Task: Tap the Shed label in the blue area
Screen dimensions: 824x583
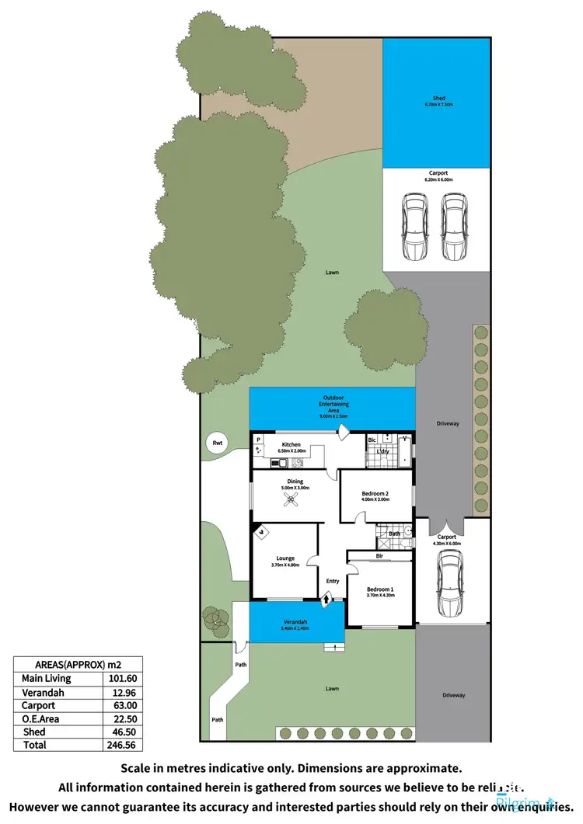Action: [x=439, y=99]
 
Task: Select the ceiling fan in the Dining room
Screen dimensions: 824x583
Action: [x=294, y=502]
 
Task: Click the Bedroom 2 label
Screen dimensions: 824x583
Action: [x=375, y=494]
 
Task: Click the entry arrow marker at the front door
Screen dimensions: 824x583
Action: [x=326, y=597]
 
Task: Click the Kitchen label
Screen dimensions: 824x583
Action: [x=291, y=445]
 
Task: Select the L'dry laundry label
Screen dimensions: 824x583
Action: [x=383, y=451]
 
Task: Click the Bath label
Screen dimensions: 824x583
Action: [x=395, y=534]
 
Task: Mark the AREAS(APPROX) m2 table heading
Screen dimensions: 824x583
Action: [x=78, y=664]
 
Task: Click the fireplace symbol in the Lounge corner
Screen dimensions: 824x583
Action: [x=262, y=533]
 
